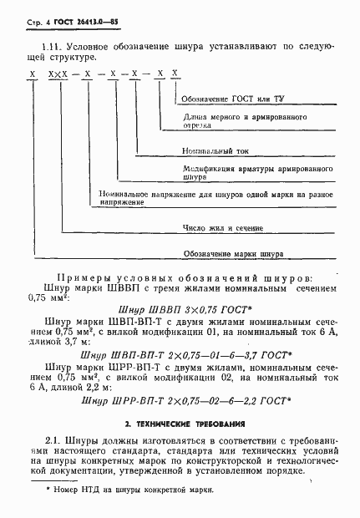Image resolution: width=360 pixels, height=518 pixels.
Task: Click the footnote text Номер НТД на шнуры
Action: coord(135,490)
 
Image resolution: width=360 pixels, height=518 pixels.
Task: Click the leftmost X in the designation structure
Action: coord(32,75)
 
